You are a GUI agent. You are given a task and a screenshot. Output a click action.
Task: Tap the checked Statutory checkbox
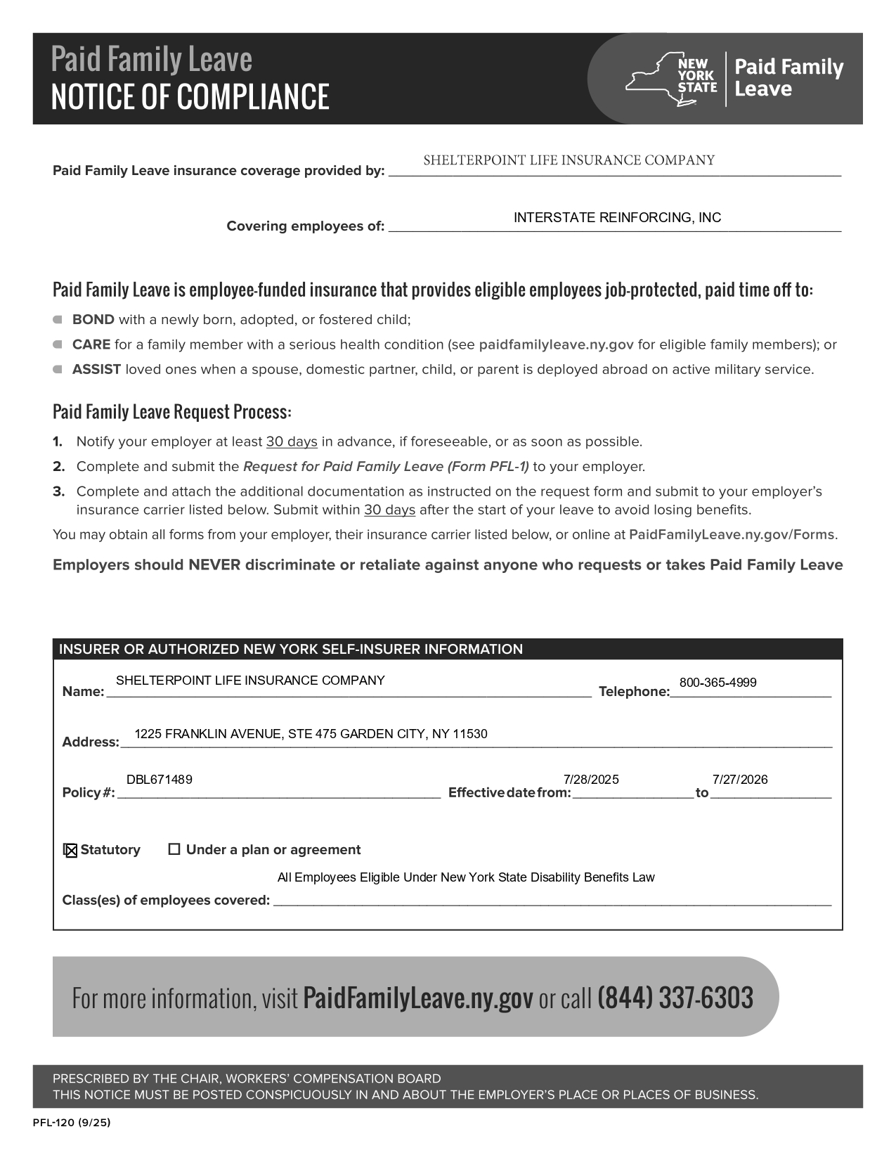(70, 851)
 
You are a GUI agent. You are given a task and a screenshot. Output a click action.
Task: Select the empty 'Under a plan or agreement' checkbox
(174, 849)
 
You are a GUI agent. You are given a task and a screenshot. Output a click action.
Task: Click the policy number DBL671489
(160, 779)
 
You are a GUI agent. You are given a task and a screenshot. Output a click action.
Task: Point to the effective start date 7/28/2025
(591, 779)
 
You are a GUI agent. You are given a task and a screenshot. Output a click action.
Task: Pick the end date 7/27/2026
(740, 779)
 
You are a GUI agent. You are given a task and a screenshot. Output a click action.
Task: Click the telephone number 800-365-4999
(718, 683)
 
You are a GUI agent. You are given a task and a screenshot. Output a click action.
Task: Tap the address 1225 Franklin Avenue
(311, 734)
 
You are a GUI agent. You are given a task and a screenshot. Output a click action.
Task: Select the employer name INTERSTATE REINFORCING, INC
(617, 217)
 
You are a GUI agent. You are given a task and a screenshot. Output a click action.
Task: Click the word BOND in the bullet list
(93, 320)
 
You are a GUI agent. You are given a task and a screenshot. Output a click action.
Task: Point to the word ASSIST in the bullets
(96, 370)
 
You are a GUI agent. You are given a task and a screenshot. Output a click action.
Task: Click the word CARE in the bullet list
(91, 344)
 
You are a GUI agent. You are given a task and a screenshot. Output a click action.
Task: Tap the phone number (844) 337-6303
(675, 998)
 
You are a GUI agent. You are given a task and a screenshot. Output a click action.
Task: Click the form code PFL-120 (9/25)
(72, 1123)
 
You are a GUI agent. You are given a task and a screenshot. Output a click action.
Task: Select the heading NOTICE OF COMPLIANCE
(190, 96)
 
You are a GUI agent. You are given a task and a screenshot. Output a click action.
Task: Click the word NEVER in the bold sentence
(214, 565)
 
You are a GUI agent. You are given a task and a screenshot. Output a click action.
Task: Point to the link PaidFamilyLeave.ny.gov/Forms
(732, 534)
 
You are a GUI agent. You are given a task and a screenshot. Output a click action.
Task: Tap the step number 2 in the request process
(59, 467)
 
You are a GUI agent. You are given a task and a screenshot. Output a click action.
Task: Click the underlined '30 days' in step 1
(292, 442)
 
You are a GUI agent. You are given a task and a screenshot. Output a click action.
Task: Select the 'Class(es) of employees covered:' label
(166, 901)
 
